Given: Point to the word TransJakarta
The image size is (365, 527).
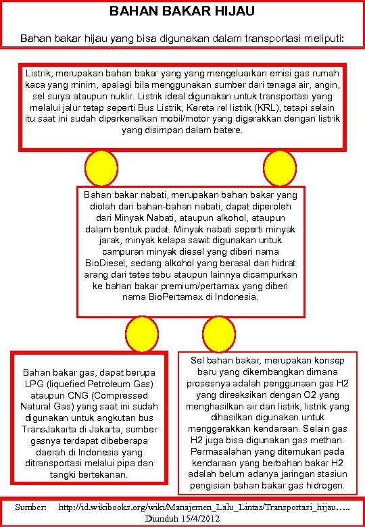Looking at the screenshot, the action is coord(49,430).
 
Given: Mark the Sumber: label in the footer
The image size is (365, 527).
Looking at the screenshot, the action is coord(31,507).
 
